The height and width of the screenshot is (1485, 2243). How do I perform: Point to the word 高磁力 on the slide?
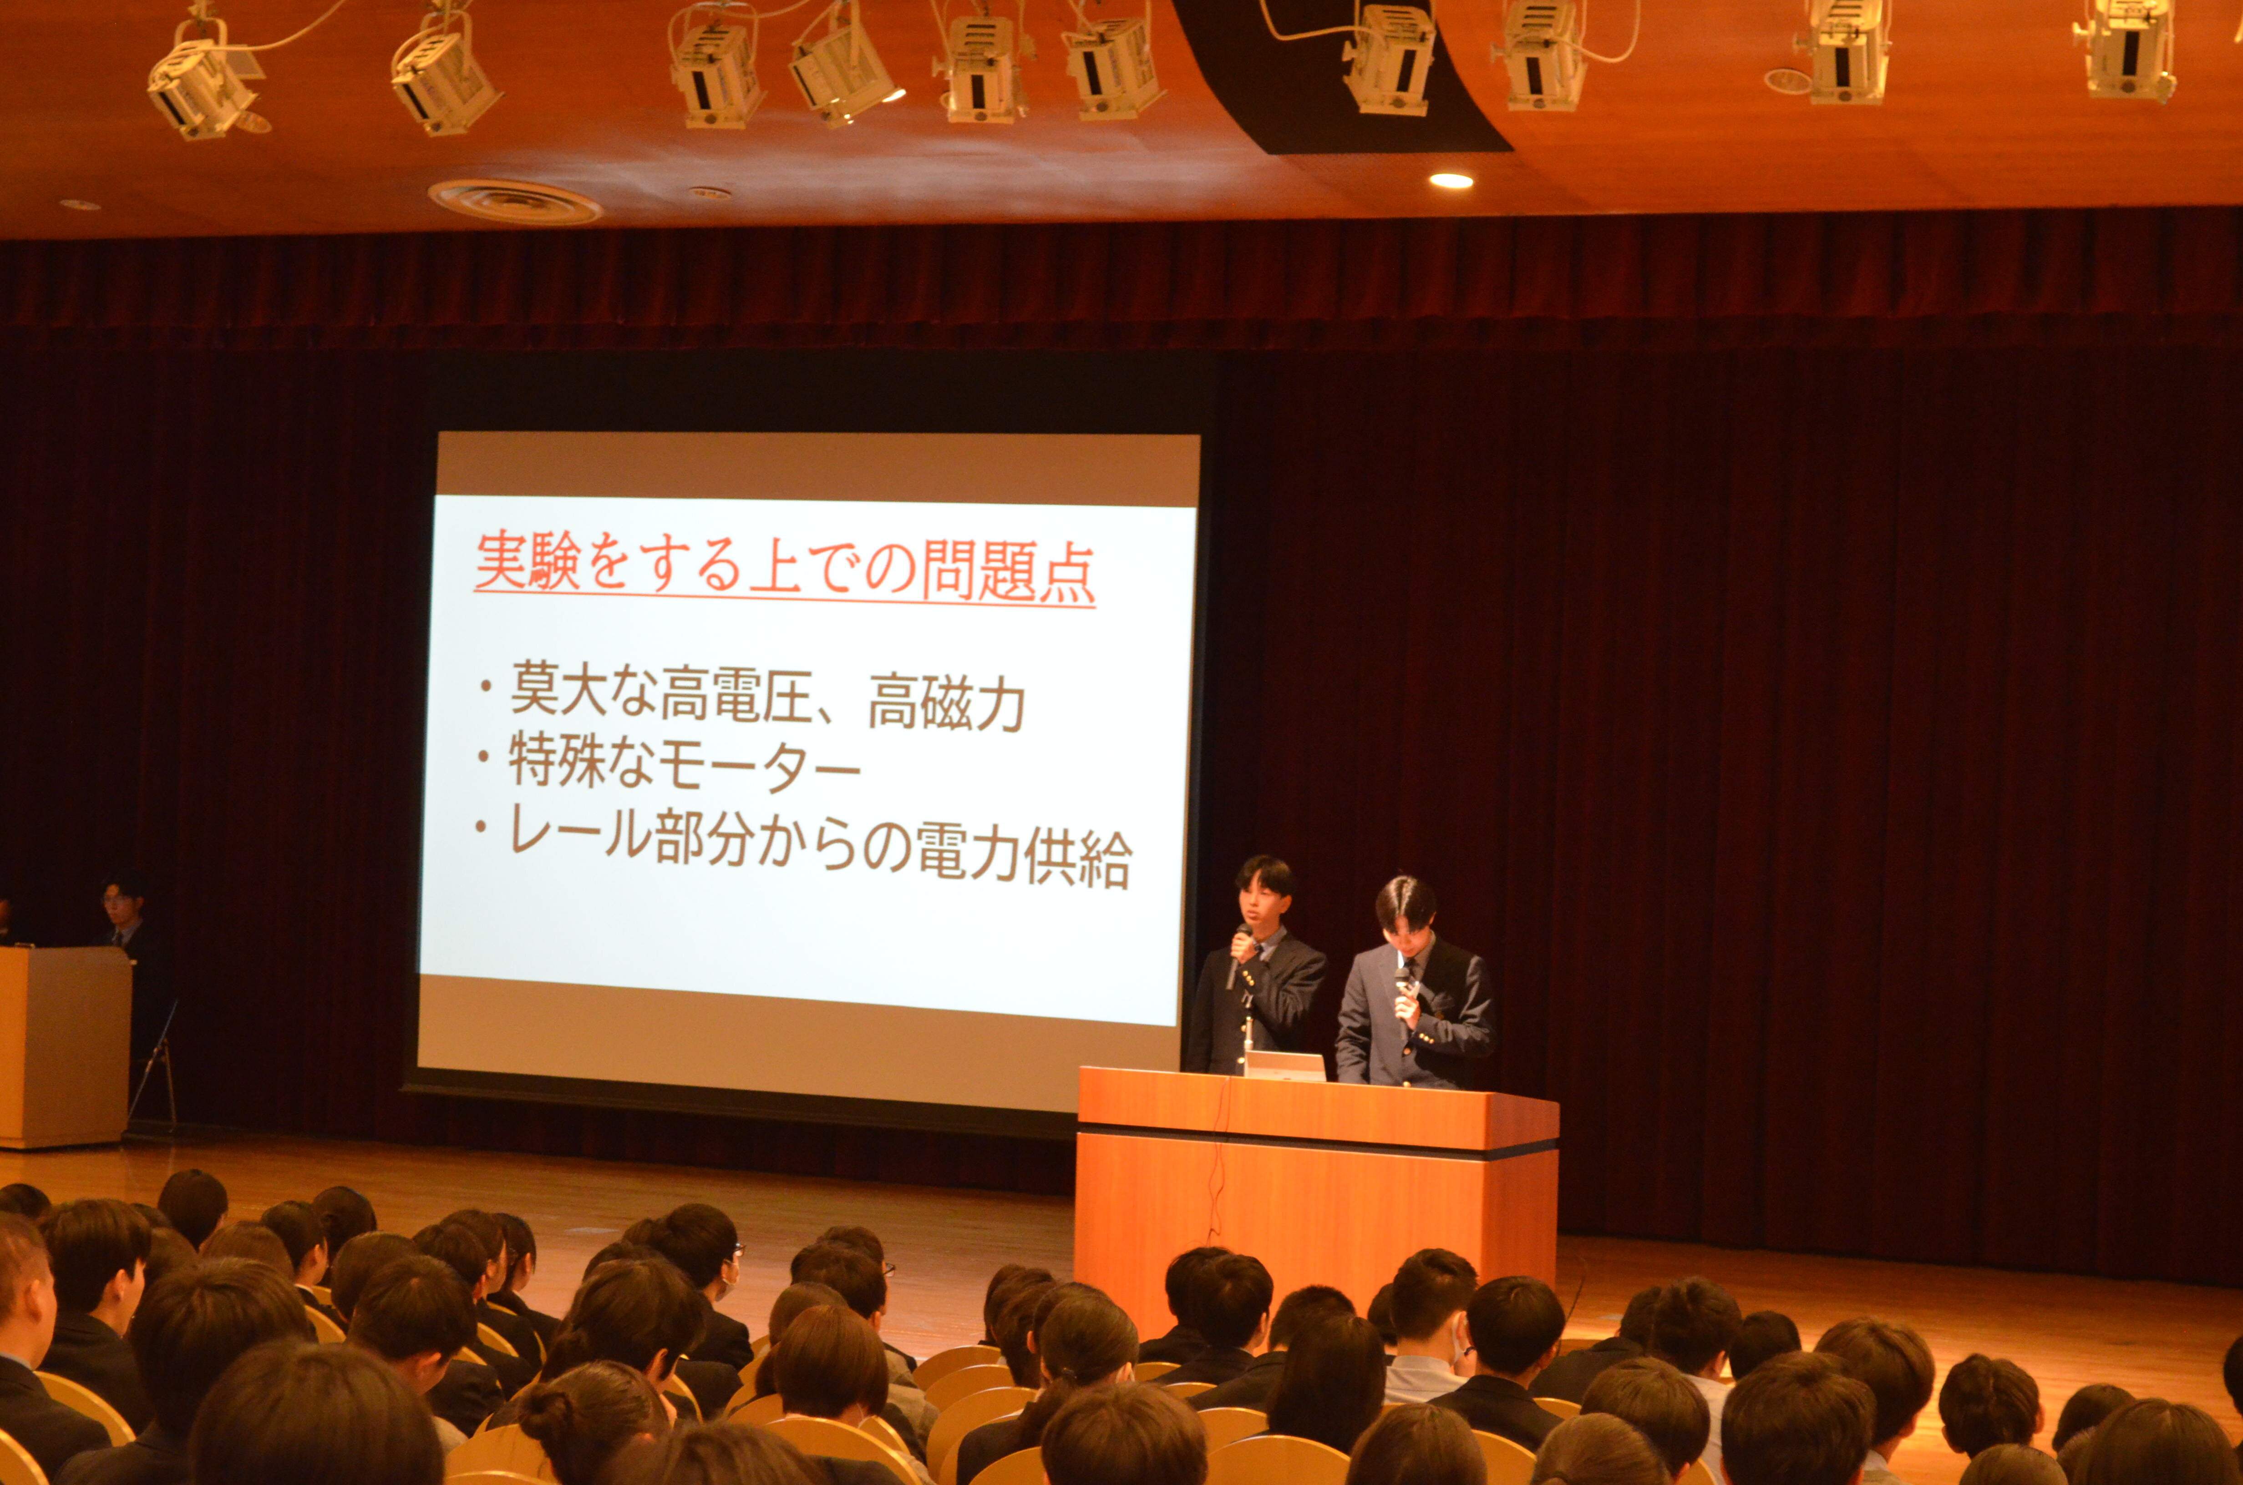[x=947, y=702]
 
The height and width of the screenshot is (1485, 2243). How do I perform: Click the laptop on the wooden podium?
[x=1284, y=1066]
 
